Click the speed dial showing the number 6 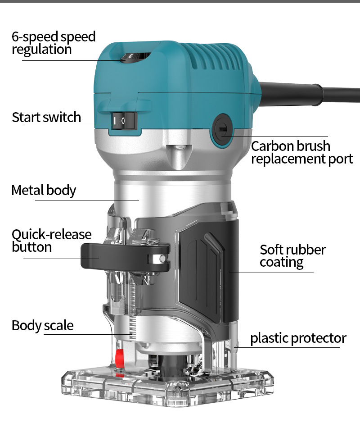coord(135,57)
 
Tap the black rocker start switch coord(124,120)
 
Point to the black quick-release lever coord(125,257)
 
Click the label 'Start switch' coord(46,118)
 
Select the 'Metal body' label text coord(44,190)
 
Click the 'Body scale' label coord(43,325)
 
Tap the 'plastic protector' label coord(298,338)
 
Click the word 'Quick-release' coord(52,235)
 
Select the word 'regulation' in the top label coord(42,50)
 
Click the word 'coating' coord(281,263)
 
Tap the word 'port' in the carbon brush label coord(341,159)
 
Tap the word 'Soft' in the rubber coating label coord(271,250)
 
